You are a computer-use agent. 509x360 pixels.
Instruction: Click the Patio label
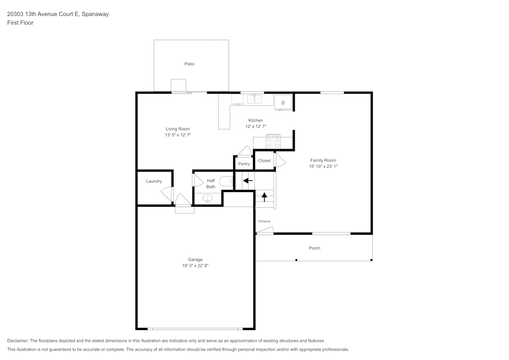click(189, 64)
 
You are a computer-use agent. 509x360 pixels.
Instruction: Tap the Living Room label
click(178, 129)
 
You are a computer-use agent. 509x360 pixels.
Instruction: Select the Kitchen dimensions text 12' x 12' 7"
click(256, 127)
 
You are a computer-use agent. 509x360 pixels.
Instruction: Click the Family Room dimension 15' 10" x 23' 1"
click(323, 167)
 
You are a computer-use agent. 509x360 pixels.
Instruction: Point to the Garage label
click(195, 260)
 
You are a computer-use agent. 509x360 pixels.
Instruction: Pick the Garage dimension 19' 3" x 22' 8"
click(195, 265)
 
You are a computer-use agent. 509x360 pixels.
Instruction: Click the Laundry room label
click(154, 181)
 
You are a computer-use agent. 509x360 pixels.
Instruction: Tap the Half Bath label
click(211, 184)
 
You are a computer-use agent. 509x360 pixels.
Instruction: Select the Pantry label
click(244, 164)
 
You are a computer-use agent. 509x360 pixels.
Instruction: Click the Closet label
click(264, 161)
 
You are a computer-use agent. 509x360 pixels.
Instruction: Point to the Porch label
click(314, 248)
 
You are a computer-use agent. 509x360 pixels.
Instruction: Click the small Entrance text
click(264, 221)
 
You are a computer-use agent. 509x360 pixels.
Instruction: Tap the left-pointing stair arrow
click(248, 180)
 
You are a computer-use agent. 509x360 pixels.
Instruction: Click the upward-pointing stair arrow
click(265, 197)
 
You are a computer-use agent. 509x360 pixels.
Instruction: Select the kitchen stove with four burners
click(273, 141)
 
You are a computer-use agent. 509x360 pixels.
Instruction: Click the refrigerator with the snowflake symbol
click(283, 102)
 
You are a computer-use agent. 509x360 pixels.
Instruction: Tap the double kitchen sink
click(254, 99)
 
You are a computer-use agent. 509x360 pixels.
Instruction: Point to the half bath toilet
click(227, 181)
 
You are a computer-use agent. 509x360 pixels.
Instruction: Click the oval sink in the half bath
click(208, 199)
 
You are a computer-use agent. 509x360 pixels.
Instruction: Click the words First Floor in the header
click(20, 23)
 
